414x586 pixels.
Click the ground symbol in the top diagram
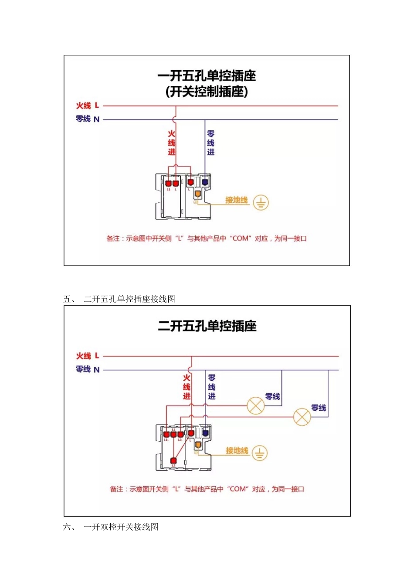point(261,202)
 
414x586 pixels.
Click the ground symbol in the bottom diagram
point(260,453)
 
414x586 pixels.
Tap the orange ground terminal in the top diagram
point(197,194)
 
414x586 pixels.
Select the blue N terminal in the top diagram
point(205,182)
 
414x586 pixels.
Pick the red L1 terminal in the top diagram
point(168,183)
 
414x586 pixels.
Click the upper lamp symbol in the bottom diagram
point(256,406)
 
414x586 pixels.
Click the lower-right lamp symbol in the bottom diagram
point(302,417)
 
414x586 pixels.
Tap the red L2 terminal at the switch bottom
point(173,460)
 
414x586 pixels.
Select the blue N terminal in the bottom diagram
point(205,433)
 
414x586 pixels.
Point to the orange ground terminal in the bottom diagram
point(198,445)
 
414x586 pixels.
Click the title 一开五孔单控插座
point(207,76)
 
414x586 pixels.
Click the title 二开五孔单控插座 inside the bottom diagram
point(207,326)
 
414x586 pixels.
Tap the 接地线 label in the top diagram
point(236,200)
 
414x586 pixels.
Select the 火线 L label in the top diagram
point(88,106)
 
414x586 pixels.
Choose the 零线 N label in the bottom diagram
point(88,369)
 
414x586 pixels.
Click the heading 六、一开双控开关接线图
point(111,527)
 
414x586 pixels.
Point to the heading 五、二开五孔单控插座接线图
point(119,299)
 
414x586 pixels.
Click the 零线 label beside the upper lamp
point(273,396)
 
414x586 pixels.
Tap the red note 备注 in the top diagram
point(207,238)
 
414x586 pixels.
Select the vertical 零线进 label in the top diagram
point(211,143)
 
